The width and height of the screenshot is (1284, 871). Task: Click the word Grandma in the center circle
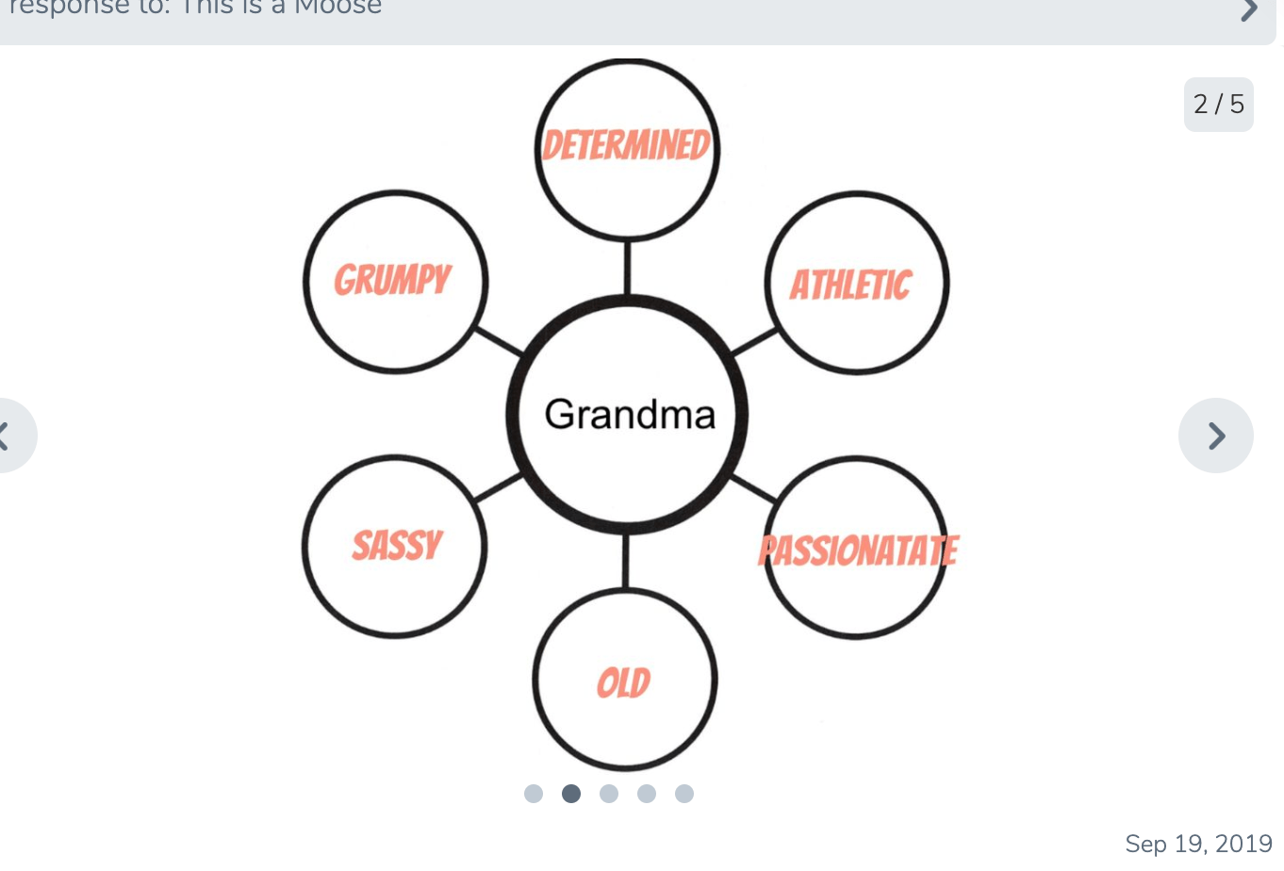[630, 415]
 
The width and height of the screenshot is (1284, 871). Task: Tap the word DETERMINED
[626, 146]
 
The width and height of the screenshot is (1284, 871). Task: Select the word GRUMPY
[393, 280]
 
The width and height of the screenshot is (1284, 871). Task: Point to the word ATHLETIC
[850, 285]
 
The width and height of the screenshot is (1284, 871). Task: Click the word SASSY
[397, 546]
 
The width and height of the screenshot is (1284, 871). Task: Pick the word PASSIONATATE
[858, 551]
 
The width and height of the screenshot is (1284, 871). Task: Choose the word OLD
[624, 683]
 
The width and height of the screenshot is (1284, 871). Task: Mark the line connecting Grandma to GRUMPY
[499, 342]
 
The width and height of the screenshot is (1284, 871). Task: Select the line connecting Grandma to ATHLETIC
[755, 342]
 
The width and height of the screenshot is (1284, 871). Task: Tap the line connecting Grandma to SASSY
[498, 487]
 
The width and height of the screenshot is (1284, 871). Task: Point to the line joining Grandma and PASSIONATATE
[753, 487]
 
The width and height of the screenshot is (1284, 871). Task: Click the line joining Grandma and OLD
[625, 562]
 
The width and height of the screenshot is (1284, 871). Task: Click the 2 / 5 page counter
[1218, 104]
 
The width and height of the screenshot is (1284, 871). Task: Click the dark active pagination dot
[571, 794]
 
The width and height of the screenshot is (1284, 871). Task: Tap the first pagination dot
[534, 794]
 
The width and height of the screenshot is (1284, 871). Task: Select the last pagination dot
[684, 794]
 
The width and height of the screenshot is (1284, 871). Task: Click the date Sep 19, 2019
[1198, 844]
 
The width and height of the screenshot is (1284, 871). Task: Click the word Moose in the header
[338, 8]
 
